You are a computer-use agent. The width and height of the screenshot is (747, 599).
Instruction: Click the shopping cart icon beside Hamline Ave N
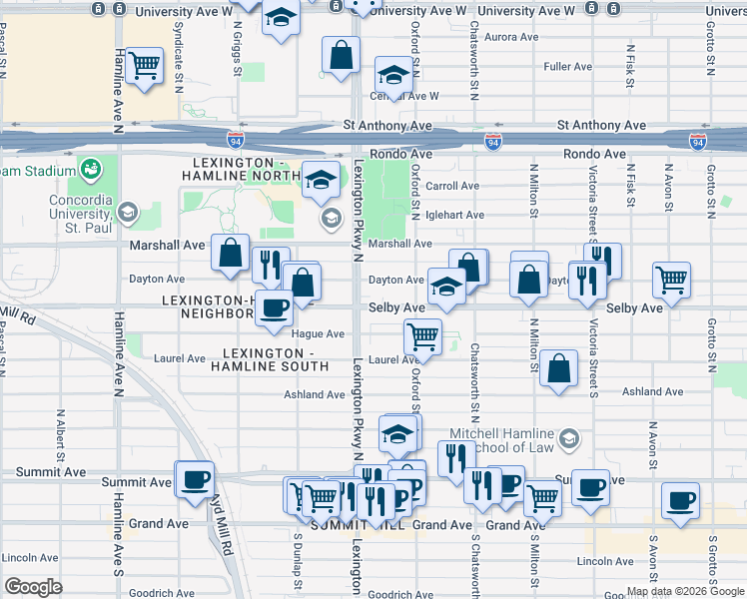(146, 66)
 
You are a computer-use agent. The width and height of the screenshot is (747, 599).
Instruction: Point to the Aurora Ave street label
(511, 37)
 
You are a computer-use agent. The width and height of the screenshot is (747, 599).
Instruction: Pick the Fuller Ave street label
(568, 67)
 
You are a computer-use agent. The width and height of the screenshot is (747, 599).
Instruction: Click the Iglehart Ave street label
(454, 215)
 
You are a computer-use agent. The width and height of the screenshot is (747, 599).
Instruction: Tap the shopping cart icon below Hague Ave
(423, 337)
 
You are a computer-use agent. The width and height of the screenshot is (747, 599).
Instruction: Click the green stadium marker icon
(91, 169)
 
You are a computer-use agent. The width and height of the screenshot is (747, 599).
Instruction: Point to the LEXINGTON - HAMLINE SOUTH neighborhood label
(269, 360)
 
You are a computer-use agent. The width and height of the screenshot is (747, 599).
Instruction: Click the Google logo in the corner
(34, 587)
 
